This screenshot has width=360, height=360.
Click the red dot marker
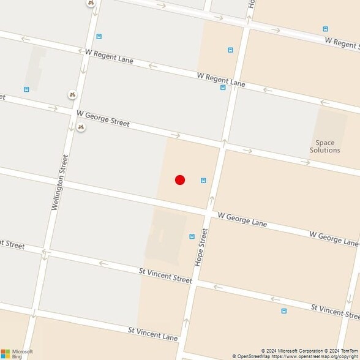180,180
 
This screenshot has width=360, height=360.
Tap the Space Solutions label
324,146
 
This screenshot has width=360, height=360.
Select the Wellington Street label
59,182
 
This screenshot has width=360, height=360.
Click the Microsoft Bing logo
17,353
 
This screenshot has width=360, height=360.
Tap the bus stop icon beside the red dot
203,180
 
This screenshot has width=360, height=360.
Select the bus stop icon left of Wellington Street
26,89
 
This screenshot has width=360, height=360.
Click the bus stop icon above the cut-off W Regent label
325,29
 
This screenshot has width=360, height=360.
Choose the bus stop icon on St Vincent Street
283,311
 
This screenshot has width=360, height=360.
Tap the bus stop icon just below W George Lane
192,236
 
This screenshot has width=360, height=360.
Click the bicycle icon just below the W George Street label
80,127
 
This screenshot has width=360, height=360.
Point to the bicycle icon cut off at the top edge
91,2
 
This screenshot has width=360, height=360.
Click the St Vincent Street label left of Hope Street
165,275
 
